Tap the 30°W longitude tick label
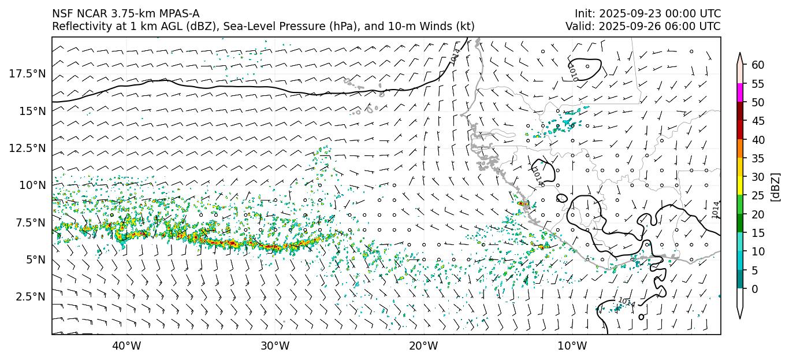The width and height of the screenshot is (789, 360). pos(275,346)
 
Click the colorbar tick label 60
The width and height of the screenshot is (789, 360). pos(758,65)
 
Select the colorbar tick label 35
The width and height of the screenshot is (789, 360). pos(758,158)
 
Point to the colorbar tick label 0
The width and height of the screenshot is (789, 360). pos(755,289)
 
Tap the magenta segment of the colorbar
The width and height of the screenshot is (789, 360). pos(740,93)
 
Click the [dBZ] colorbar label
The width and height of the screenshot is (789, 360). pos(776,186)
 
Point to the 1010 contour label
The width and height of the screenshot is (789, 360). pos(572,72)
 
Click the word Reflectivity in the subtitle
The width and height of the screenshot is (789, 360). pos(80,27)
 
